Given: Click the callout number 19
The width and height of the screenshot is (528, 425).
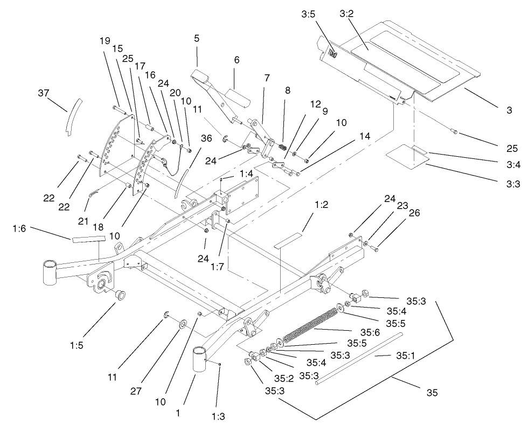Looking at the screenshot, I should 105,40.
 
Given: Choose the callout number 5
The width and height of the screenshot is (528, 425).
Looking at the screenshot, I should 197,39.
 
